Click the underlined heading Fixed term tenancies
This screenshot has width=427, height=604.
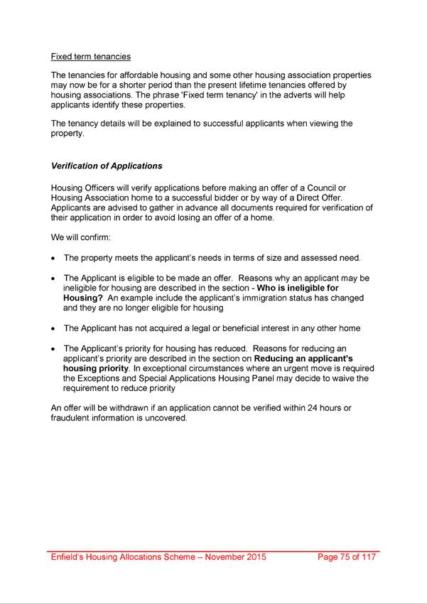(90, 57)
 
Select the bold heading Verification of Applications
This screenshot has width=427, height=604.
(107, 166)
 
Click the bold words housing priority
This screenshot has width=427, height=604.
(96, 369)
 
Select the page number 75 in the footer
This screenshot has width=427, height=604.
(347, 557)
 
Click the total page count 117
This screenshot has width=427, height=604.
(367, 557)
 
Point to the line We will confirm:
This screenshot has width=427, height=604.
(80, 237)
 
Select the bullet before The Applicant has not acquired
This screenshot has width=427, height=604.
(54, 329)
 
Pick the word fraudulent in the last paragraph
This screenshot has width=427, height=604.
(72, 418)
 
